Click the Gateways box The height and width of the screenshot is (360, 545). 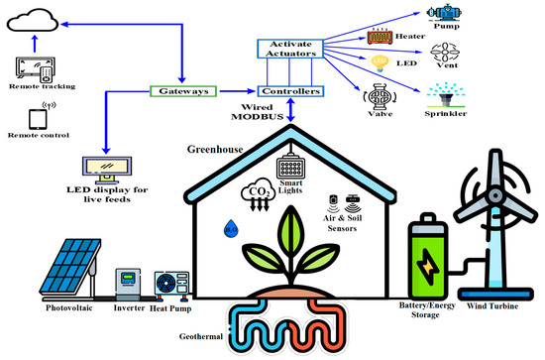[184, 91]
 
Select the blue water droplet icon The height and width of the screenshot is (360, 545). [230, 230]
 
